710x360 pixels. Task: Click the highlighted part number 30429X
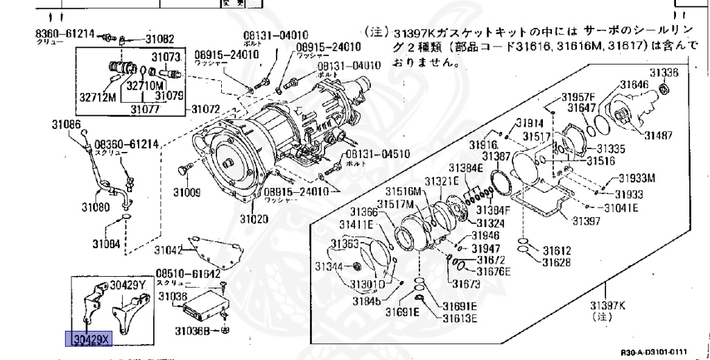coord(87,339)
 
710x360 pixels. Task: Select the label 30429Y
coord(128,285)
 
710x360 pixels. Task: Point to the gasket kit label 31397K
coord(607,305)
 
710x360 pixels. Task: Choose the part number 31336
coord(664,72)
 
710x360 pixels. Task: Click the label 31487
coord(658,135)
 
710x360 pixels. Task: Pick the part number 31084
coord(106,243)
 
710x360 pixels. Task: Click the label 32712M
coord(96,97)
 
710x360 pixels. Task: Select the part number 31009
coord(187,192)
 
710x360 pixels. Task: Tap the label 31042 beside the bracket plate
coord(168,250)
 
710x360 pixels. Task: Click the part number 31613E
coord(460,318)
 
